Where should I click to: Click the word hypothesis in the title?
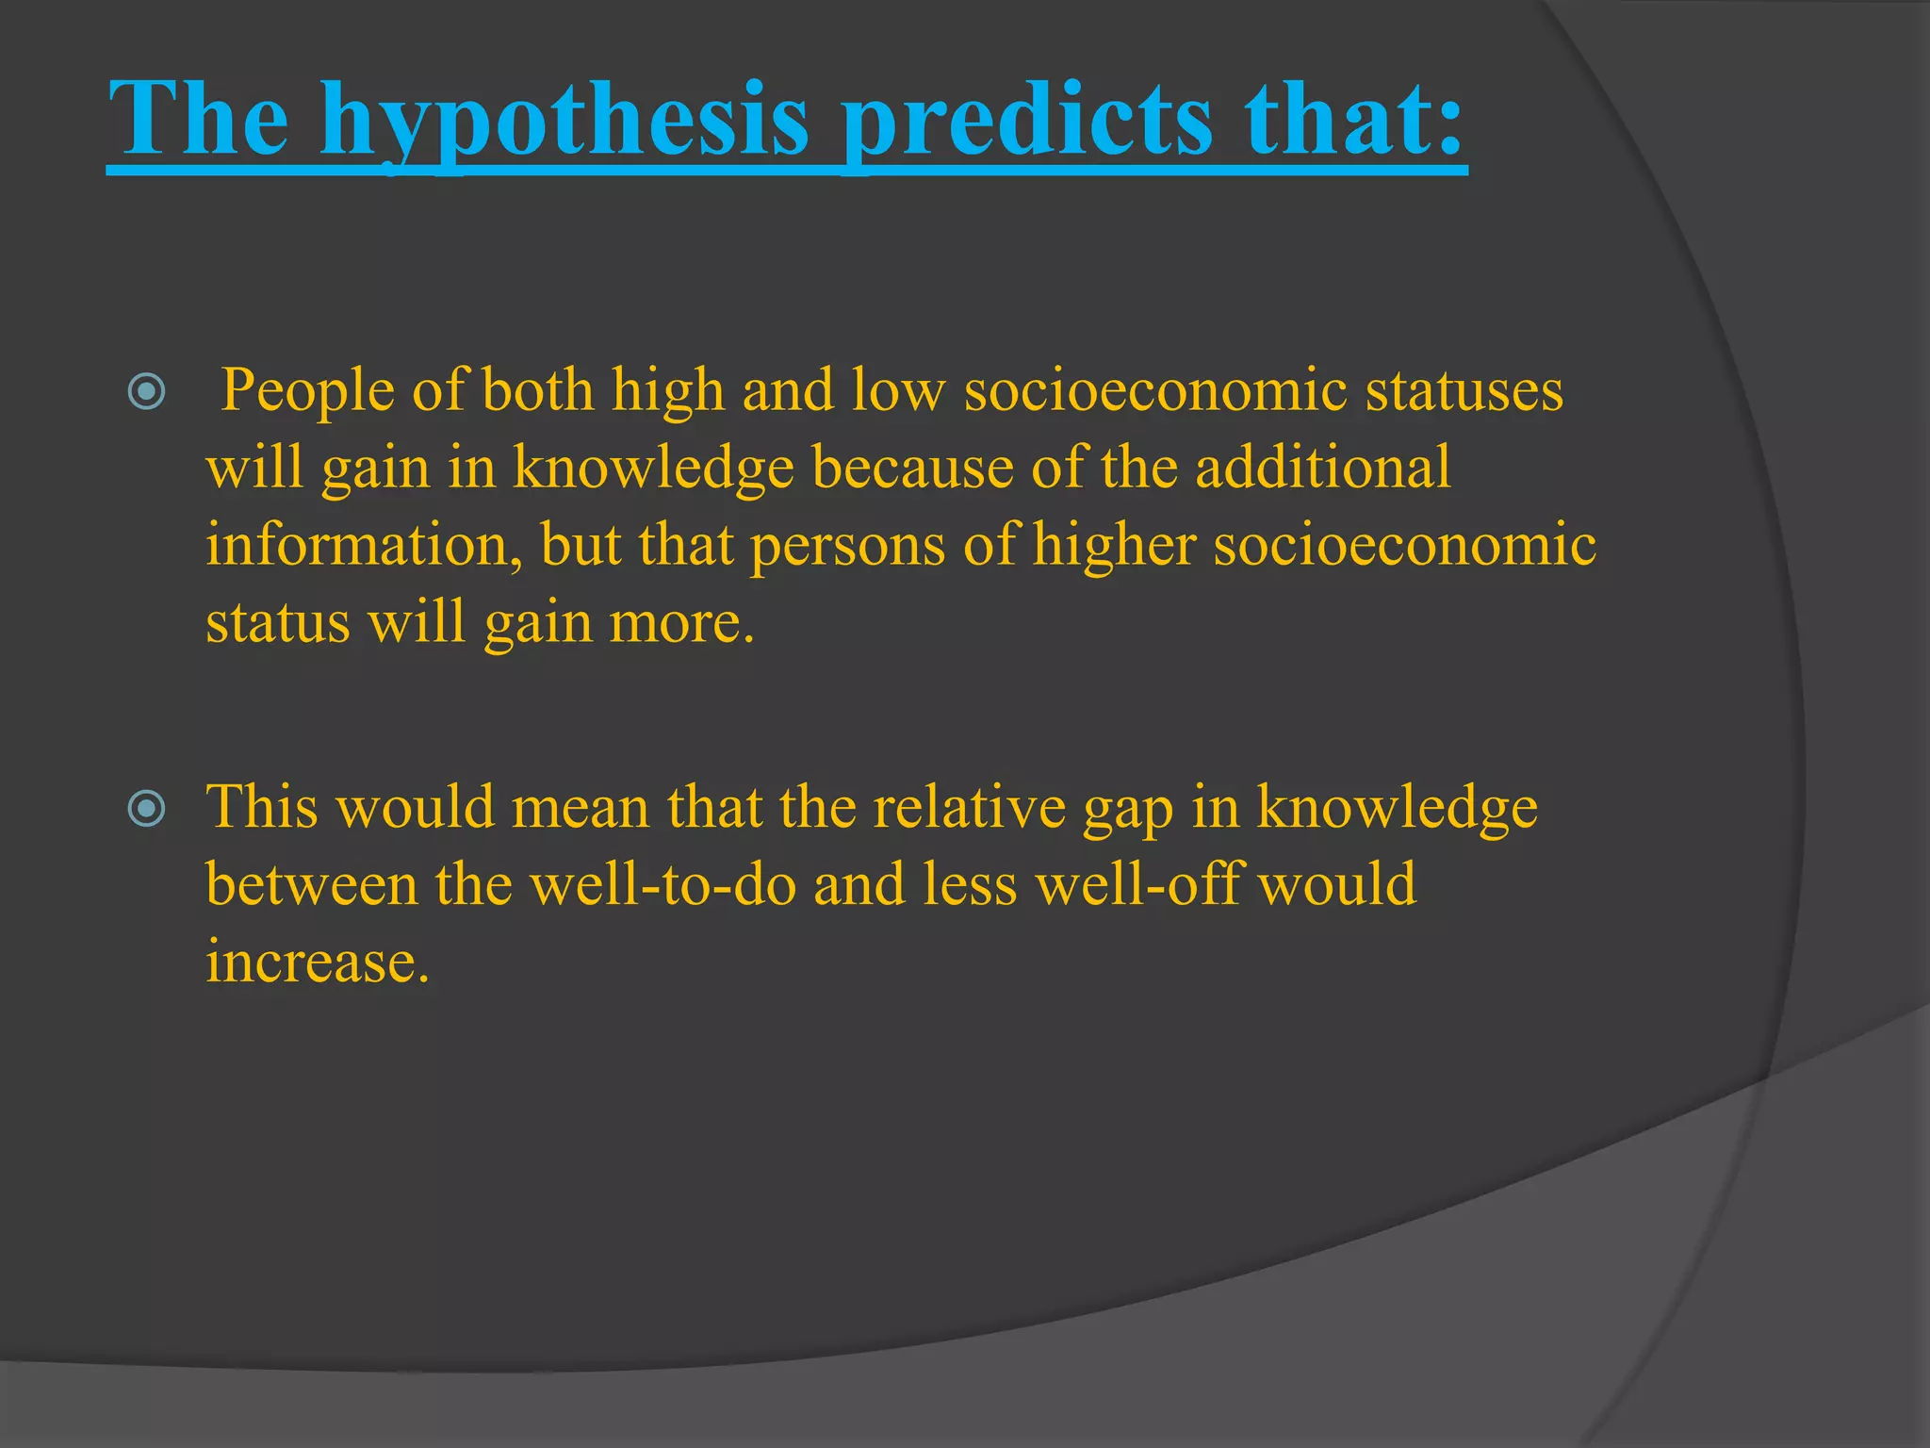pos(564,121)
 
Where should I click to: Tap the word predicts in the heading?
pos(1027,121)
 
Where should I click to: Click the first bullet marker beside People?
pos(146,391)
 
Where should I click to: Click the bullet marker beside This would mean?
pos(146,808)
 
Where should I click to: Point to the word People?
pos(306,391)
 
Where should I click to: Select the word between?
pos(312,885)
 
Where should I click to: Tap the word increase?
pos(316,963)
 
